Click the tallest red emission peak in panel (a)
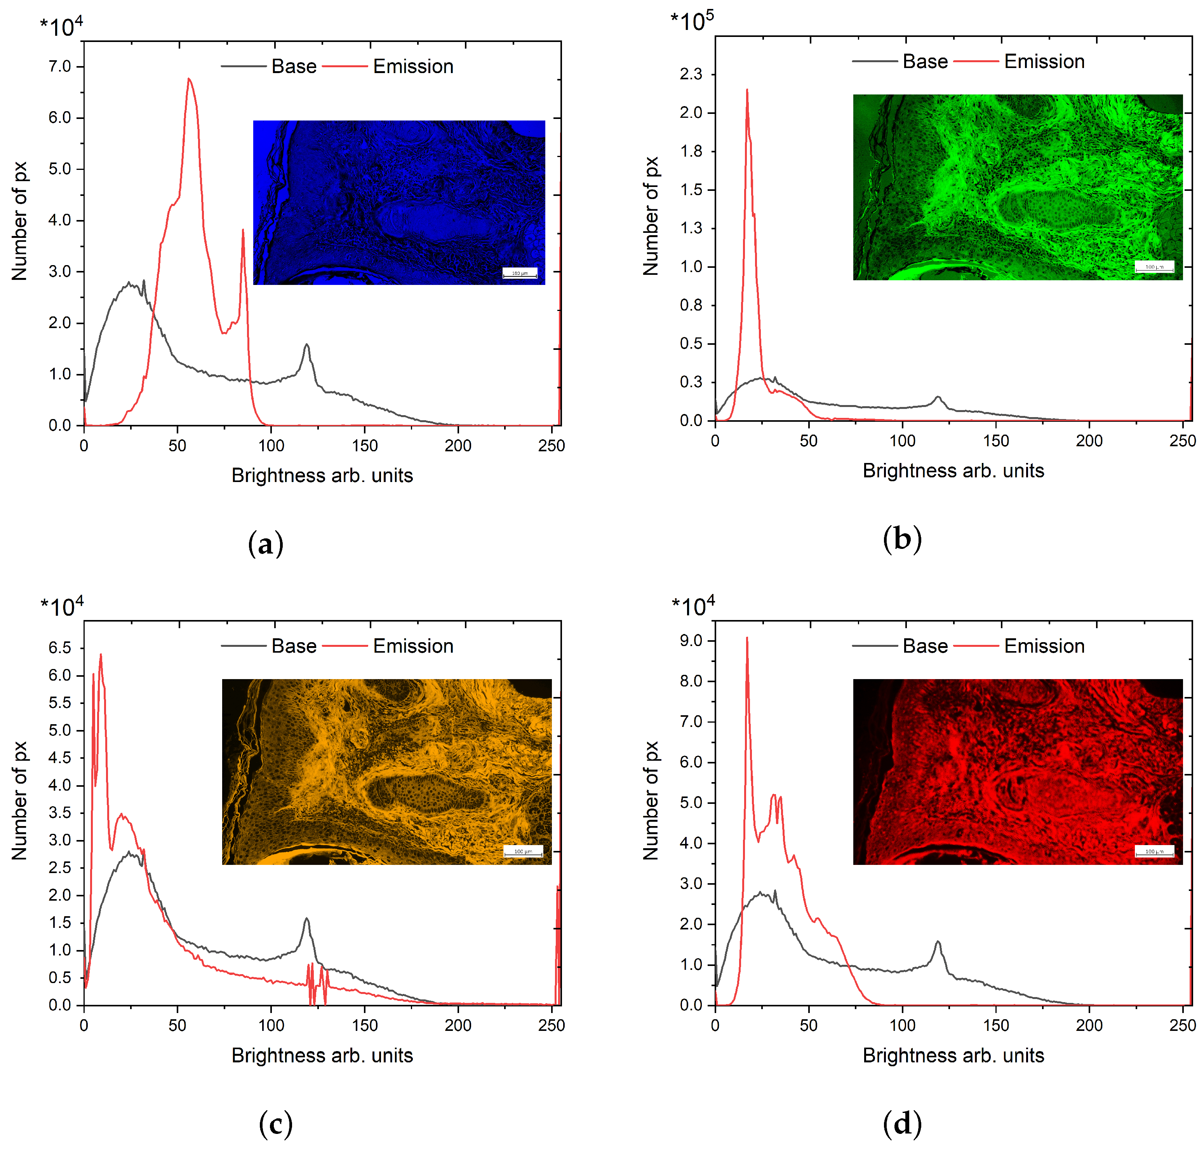click(189, 80)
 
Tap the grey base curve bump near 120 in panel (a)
click(306, 347)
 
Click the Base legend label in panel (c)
click(294, 646)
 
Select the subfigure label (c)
click(275, 1123)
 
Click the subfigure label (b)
click(902, 539)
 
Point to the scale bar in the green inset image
click(1154, 267)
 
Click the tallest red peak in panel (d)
click(747, 640)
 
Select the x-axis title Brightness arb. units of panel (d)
click(953, 1055)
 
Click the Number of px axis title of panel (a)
click(20, 221)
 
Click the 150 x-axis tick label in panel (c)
click(365, 1025)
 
